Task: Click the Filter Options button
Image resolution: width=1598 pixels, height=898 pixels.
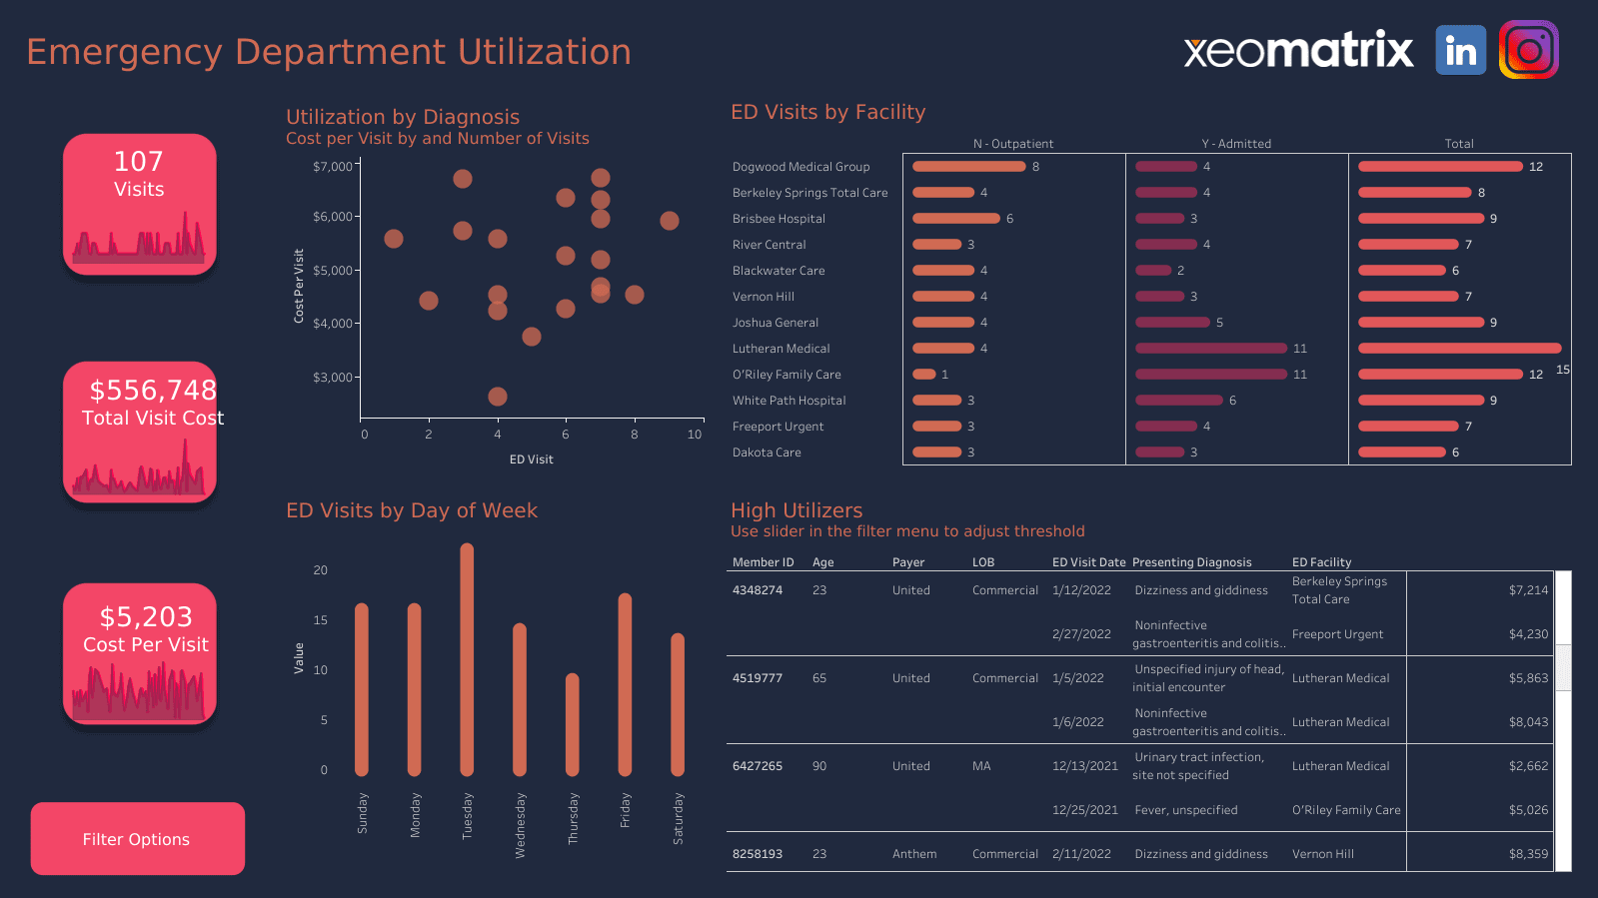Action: coord(137,839)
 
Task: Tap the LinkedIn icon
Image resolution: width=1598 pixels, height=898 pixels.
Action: coord(1460,50)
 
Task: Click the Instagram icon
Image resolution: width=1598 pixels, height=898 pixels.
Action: coord(1528,50)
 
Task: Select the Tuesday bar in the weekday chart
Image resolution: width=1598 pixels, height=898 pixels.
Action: coord(467,659)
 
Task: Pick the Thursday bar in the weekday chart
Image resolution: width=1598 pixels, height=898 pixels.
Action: coord(572,724)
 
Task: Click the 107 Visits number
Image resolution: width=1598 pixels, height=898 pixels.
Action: coord(139,162)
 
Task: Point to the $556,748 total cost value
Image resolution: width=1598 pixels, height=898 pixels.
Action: coord(153,390)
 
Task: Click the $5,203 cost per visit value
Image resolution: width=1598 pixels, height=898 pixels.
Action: coord(146,617)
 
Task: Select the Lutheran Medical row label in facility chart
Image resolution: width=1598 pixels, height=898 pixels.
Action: coord(781,349)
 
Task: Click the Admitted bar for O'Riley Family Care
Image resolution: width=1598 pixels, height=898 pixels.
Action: coord(1210,375)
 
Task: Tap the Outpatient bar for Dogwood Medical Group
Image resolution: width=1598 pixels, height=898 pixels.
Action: coord(968,167)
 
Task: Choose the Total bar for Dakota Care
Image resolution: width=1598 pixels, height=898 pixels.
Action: coord(1401,452)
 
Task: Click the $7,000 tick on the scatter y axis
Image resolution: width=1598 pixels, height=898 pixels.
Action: coord(332,167)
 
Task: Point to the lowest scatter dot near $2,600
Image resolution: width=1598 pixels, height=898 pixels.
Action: coord(497,397)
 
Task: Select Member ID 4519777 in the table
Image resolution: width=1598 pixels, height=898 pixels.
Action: coord(757,678)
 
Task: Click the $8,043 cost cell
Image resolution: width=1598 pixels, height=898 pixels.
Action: coord(1527,722)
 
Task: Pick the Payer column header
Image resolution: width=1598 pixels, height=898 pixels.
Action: coord(907,562)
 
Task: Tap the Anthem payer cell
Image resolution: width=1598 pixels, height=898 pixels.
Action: coord(913,854)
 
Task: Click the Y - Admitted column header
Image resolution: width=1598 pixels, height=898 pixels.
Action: coord(1236,144)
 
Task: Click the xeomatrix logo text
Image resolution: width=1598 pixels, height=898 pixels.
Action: coord(1298,50)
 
